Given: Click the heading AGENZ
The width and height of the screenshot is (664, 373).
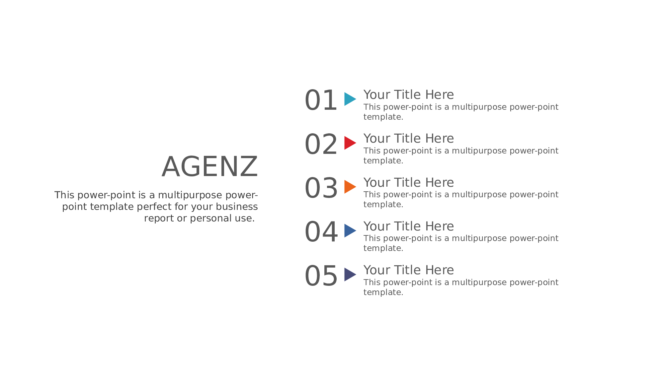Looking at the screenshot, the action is click(x=210, y=167).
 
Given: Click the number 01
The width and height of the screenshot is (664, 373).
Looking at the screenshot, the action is click(x=321, y=100).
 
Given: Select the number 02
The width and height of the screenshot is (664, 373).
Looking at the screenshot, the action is click(x=321, y=144).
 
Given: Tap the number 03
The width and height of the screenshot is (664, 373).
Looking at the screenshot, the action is click(x=321, y=188).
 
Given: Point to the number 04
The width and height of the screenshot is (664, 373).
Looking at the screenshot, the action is click(x=321, y=232).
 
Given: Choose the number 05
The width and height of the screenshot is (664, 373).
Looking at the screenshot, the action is click(x=321, y=276).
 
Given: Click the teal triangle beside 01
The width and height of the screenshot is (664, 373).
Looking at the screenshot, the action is click(x=350, y=99).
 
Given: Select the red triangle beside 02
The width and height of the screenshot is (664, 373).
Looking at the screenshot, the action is click(x=350, y=143).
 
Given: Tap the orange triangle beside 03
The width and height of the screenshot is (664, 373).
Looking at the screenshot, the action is click(x=350, y=187).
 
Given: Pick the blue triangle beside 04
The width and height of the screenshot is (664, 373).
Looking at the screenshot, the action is click(x=350, y=230).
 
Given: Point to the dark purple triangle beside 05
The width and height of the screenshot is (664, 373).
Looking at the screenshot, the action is click(x=350, y=275).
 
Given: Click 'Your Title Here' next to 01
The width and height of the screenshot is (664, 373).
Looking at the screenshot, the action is click(x=409, y=95).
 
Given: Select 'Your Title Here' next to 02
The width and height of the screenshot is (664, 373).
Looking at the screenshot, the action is click(x=409, y=139).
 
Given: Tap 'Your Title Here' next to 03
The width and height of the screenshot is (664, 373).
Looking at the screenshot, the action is click(x=409, y=183).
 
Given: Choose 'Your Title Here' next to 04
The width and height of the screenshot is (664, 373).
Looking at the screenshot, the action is click(x=409, y=226).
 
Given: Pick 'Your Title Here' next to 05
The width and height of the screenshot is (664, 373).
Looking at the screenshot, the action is click(x=409, y=270).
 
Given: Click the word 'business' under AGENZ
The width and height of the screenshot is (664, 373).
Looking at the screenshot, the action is click(x=237, y=207).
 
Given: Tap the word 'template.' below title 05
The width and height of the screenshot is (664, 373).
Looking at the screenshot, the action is click(x=383, y=292).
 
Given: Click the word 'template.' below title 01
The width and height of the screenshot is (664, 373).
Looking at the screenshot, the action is click(x=383, y=117).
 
